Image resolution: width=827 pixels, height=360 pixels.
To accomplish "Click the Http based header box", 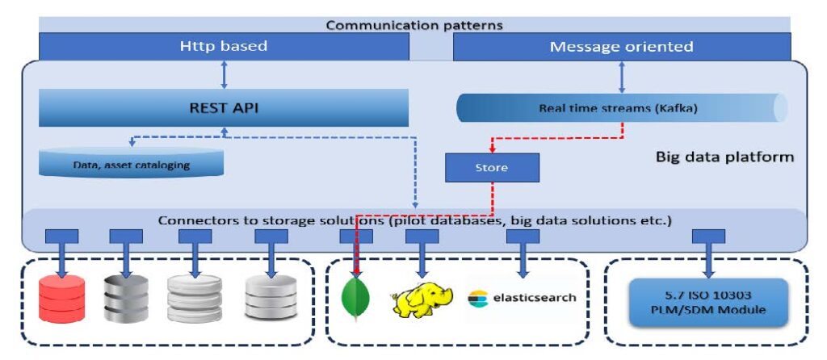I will pos(224,47).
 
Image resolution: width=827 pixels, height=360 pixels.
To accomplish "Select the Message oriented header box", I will pos(621,47).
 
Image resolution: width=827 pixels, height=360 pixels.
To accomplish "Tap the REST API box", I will pos(224,107).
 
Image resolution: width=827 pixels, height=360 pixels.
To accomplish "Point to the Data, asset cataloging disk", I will pos(131,164).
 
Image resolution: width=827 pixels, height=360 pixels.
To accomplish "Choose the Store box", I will pos(492,168).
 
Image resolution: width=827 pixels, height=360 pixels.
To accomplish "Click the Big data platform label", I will pos(724,157).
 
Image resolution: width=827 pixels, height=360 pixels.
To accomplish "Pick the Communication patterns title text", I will pos(414,25).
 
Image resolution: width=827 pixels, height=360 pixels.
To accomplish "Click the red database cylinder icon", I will pos(62,298).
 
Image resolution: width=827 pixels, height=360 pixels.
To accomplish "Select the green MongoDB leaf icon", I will pos(356,298).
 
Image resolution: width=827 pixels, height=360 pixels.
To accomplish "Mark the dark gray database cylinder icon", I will pos(126,298).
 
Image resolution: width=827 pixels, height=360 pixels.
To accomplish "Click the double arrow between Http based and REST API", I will pos(224,74).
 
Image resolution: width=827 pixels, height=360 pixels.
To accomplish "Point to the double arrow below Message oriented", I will pos(621,77).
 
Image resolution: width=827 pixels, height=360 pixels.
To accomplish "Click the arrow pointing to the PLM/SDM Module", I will pos(708,256).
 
